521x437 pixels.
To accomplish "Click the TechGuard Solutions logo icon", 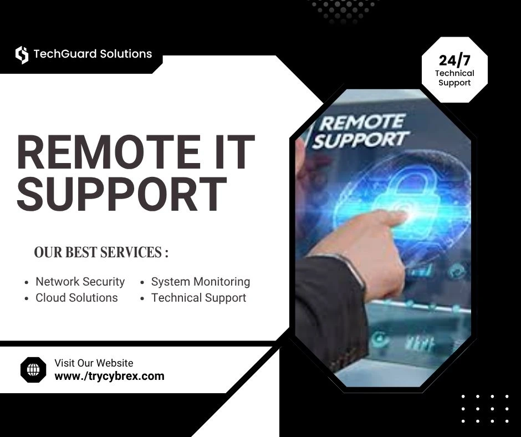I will [22, 54].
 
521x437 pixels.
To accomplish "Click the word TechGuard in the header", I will [64, 54].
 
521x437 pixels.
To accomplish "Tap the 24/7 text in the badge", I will [454, 60].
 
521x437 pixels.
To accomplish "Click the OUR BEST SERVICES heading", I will [101, 253].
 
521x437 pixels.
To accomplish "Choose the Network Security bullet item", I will [80, 282].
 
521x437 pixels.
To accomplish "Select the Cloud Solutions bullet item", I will [76, 298].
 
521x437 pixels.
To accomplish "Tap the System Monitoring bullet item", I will [201, 282].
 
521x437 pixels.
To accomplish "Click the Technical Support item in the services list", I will [198, 298].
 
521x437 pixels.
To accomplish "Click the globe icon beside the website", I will [33, 369].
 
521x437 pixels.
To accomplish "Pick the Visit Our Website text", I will [94, 363].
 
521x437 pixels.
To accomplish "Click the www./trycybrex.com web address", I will [109, 376].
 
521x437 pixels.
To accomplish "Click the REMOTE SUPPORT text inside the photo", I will [361, 131].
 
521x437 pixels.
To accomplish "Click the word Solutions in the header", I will [126, 54].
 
